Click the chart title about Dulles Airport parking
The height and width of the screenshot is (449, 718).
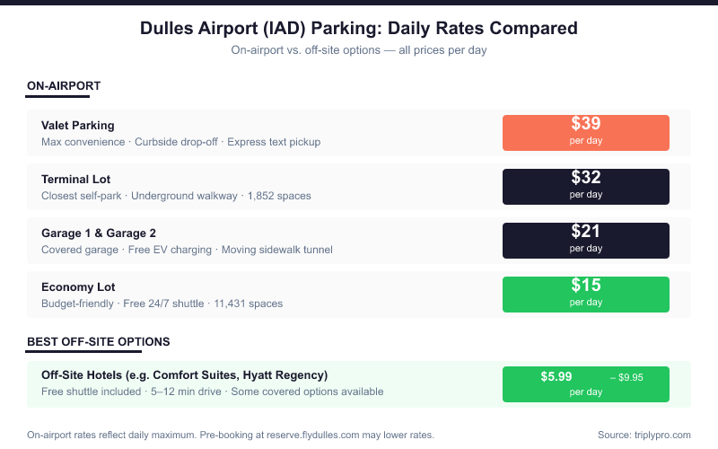359,28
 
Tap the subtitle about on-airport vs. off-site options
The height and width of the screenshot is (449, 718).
359,50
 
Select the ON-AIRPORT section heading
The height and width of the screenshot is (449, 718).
64,86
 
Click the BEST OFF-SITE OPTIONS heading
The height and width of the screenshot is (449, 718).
99,342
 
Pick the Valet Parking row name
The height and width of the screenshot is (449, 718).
78,126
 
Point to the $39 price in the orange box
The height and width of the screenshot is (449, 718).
586,124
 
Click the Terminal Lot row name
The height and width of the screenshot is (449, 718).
76,180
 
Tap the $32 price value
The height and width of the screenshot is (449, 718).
586,178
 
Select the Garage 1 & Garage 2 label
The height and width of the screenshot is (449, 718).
99,233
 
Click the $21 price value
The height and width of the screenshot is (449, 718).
586,232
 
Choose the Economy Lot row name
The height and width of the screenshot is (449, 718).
78,287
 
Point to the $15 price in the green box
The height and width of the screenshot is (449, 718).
586,286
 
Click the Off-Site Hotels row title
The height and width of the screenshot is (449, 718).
184,374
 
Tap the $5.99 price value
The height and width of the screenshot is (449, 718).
556,376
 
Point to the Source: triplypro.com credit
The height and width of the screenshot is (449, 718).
644,435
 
